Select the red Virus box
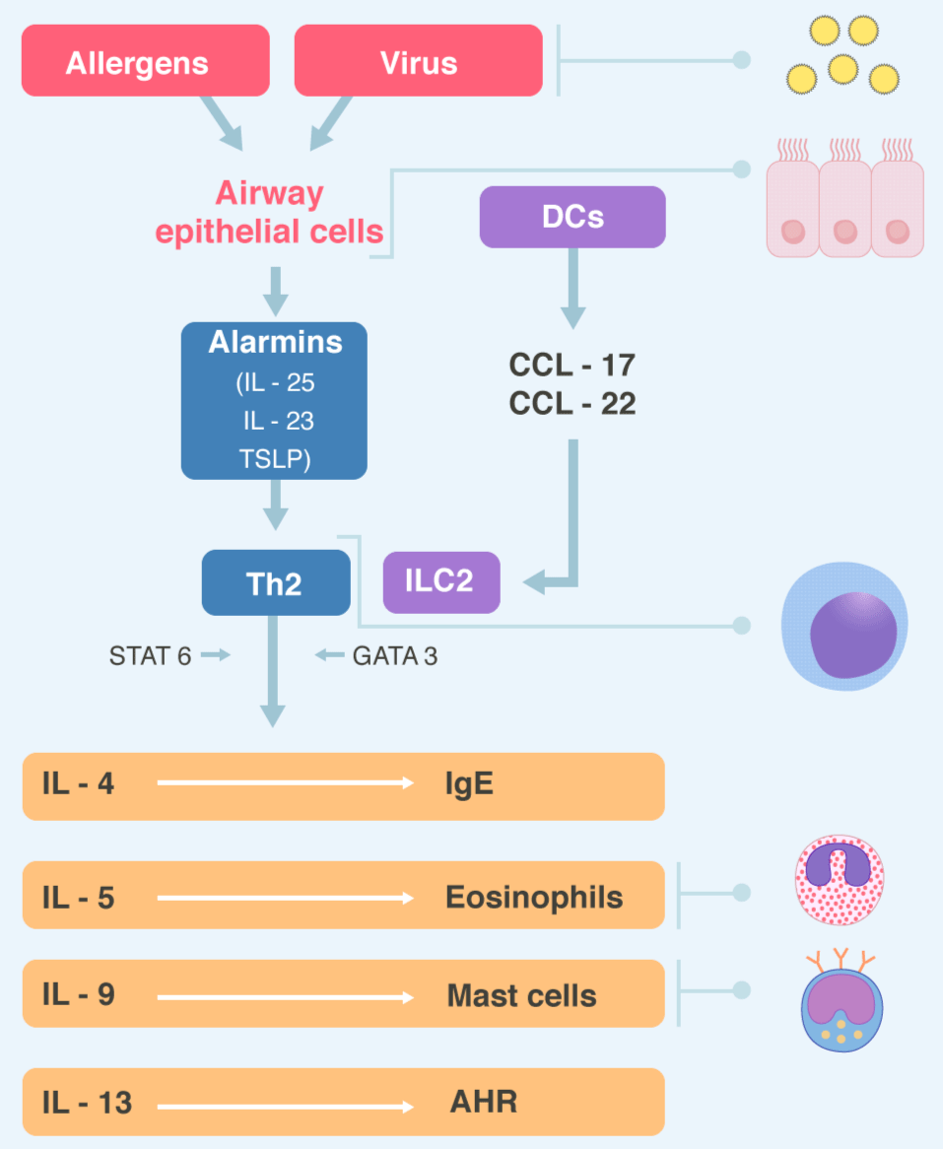point(418,61)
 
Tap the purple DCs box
point(572,217)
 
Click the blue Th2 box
point(275,583)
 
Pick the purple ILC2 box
point(440,581)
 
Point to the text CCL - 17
point(572,365)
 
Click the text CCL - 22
point(572,404)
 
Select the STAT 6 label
point(151,655)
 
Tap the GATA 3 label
point(394,655)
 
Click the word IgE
point(469,784)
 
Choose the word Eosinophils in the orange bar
point(533,897)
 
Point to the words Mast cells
point(521,995)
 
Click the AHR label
point(483,1102)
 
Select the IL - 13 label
point(87,1102)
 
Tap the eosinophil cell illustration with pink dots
point(839,882)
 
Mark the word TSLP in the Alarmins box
point(274,459)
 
